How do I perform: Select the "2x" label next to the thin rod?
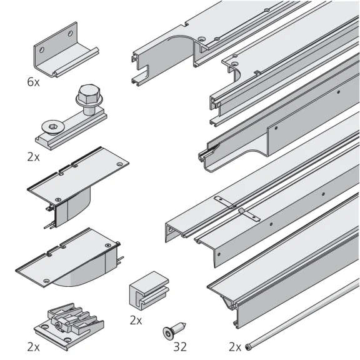(x=235, y=346)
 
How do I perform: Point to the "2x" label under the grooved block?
(x=136, y=320)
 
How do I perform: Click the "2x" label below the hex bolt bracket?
(x=34, y=157)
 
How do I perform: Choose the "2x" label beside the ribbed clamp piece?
(x=34, y=346)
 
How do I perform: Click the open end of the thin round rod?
(x=248, y=345)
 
